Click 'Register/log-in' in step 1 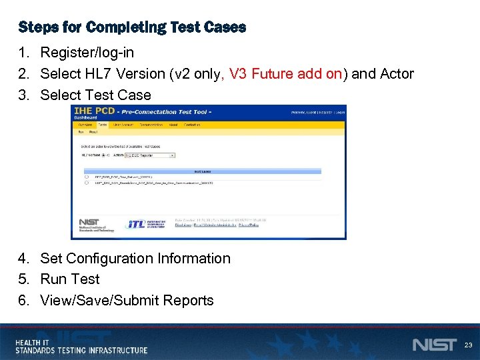pos(87,53)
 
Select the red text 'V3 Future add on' pos(285,74)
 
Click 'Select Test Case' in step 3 pos(95,95)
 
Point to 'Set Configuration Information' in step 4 pos(135,259)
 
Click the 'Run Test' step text pos(69,279)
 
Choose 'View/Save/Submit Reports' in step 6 pos(127,301)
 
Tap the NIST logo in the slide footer pos(434,345)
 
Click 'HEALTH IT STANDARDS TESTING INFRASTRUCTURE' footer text pos(81,346)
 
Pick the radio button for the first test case pos(87,177)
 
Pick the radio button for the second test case pos(87,183)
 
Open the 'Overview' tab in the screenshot pos(85,125)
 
